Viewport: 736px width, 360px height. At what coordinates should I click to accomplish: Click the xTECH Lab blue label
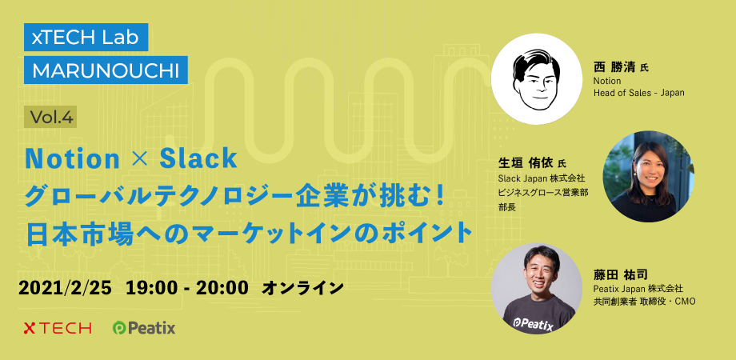pos(86,37)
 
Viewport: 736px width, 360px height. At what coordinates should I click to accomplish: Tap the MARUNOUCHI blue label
pos(106,70)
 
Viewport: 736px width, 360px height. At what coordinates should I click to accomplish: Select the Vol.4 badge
pos(50,117)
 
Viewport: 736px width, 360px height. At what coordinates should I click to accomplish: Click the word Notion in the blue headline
pos(73,158)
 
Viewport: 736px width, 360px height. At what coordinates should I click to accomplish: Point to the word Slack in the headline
pos(198,158)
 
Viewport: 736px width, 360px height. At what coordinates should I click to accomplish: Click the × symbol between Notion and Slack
pos(140,159)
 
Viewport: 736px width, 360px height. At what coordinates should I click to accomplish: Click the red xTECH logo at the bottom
pos(58,328)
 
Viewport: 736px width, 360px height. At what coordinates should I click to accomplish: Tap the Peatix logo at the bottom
pos(144,328)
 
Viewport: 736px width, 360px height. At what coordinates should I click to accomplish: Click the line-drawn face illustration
pos(537,79)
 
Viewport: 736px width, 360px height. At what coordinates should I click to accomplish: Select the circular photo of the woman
pos(649,177)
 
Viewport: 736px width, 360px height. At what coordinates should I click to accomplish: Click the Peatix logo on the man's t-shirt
pos(534,323)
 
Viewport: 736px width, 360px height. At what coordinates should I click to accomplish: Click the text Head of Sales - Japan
pos(639,93)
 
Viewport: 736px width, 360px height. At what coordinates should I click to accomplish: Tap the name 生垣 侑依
pos(526,163)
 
